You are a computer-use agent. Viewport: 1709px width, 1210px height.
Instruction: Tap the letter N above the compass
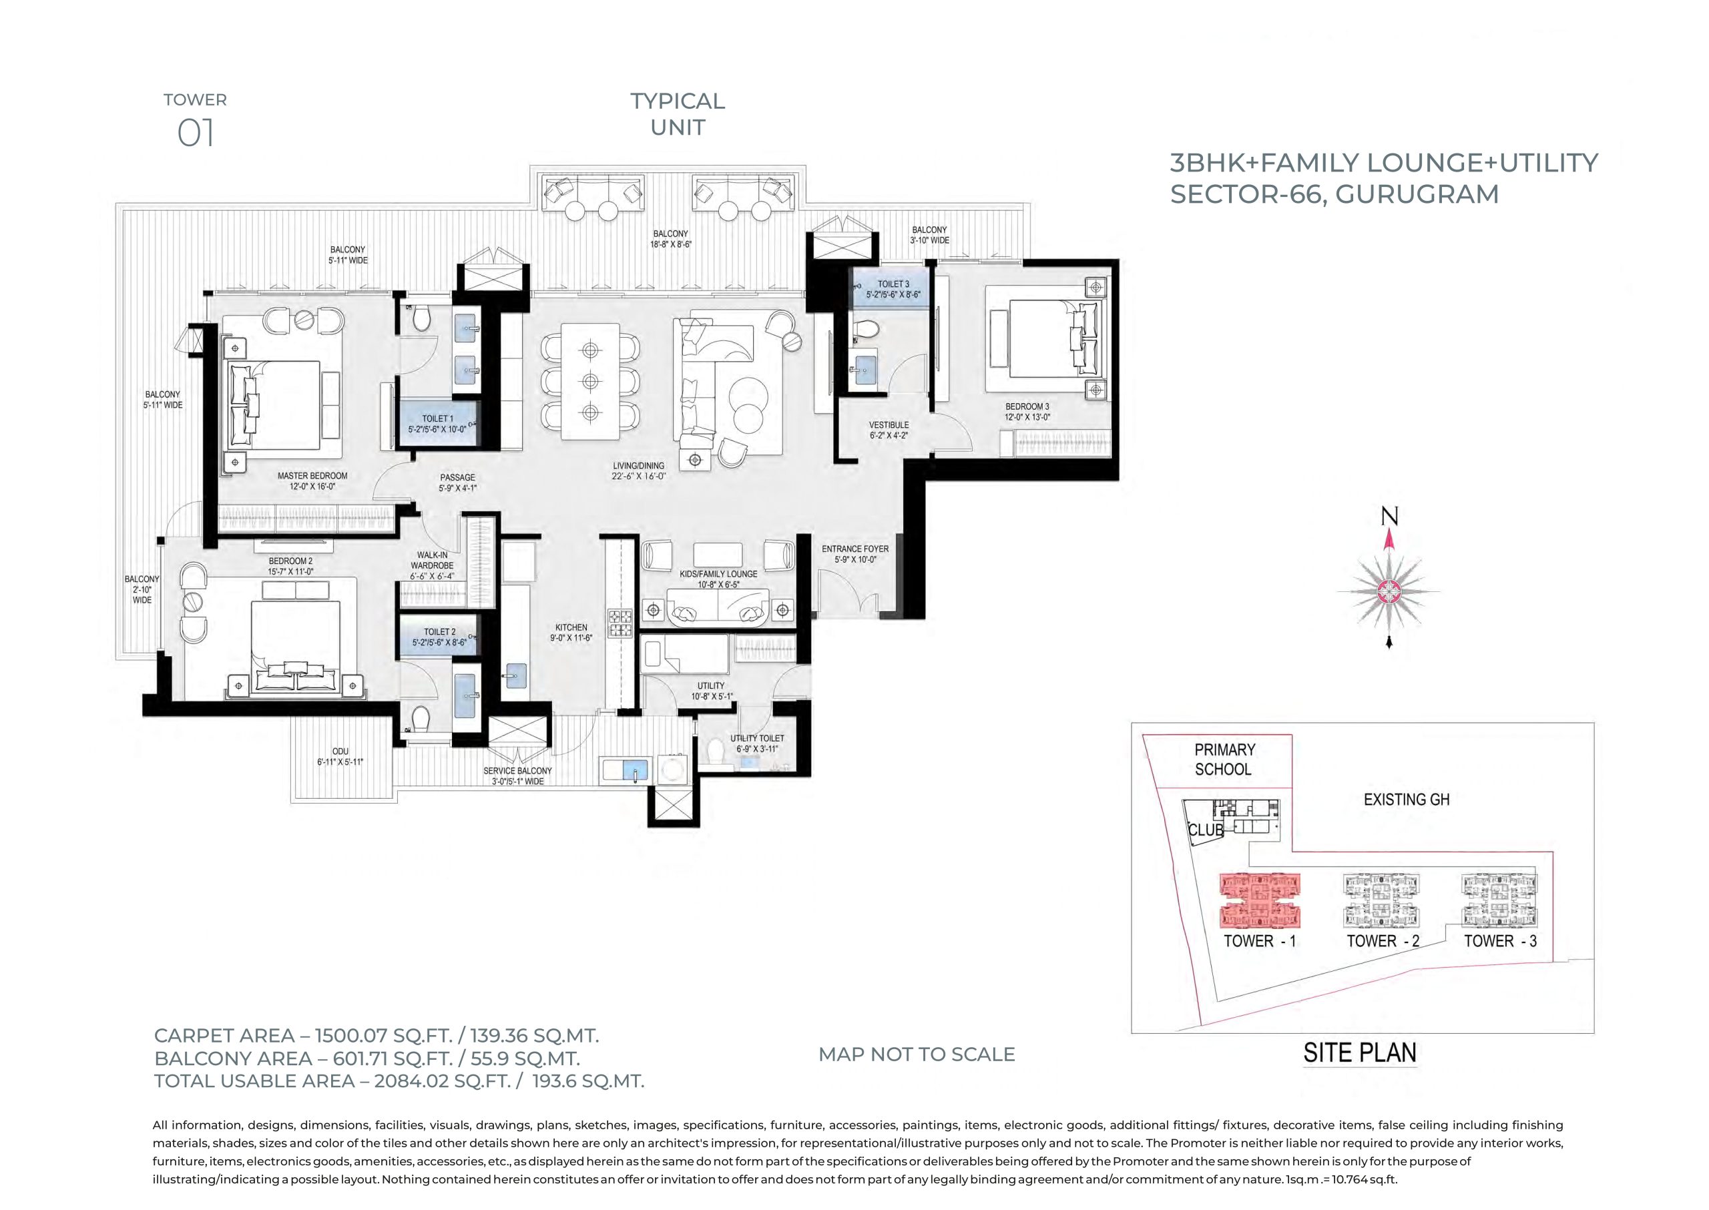(1389, 516)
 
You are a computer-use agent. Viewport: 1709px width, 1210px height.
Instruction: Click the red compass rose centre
(1389, 591)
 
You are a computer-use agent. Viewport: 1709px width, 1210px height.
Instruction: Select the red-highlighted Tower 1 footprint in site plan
(1260, 900)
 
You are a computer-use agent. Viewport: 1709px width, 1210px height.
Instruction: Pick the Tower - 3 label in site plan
(1500, 940)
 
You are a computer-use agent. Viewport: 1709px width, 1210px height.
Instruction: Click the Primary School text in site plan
(1224, 760)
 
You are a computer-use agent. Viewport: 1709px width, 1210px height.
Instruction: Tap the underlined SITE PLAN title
(1359, 1052)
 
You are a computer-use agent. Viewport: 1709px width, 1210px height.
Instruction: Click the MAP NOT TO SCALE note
(917, 1054)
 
